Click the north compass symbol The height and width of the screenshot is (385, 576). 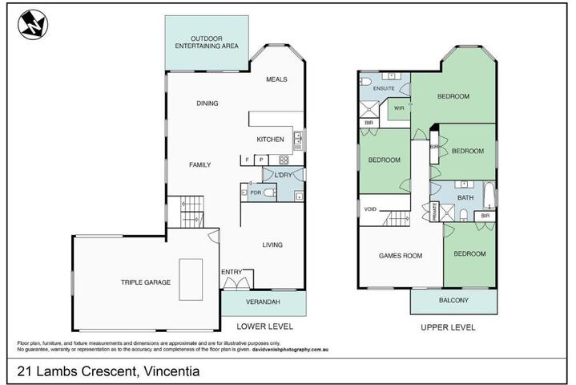(33, 25)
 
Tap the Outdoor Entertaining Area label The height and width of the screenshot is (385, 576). (207, 43)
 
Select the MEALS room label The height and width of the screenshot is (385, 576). (276, 79)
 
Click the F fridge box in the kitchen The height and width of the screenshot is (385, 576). (248, 160)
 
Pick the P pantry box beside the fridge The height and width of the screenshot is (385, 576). (261, 160)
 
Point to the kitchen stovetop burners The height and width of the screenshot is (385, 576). (284, 160)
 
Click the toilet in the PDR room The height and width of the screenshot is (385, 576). (270, 192)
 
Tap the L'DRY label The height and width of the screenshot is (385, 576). (283, 176)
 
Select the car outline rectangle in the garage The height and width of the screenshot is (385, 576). (191, 279)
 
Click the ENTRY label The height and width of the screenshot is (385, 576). (232, 272)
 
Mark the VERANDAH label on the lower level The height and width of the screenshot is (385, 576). (263, 302)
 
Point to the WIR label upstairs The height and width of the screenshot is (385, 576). (399, 108)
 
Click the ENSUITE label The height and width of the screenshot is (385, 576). (384, 88)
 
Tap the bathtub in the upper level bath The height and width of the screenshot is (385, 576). (489, 195)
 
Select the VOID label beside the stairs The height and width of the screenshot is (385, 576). (370, 209)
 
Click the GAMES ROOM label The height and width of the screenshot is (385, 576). (401, 256)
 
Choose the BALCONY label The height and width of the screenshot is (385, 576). (453, 301)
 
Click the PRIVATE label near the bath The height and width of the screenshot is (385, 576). (434, 212)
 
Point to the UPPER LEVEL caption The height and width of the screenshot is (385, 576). (448, 327)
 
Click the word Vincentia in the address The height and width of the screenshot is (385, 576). (171, 371)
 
